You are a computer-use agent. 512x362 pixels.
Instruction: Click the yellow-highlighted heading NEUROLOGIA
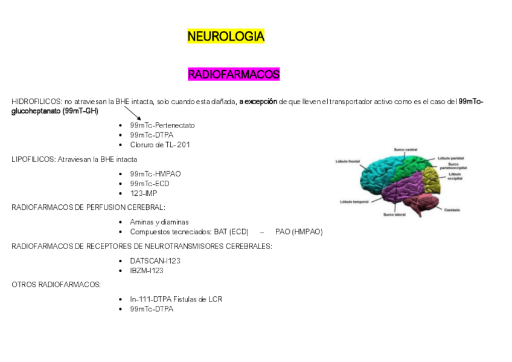click(226, 37)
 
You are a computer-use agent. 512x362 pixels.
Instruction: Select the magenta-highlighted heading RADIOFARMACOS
click(234, 75)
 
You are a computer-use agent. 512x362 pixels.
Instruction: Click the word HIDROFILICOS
click(36, 102)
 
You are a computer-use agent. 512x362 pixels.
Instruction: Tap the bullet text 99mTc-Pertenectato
click(162, 125)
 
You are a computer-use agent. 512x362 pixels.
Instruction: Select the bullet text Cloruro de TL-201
click(159, 144)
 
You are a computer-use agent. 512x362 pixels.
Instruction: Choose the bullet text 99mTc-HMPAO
click(155, 174)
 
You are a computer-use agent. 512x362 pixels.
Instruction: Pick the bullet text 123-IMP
click(143, 193)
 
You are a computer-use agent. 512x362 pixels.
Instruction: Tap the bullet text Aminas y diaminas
click(159, 222)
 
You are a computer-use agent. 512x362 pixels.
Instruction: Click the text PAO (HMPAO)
click(299, 232)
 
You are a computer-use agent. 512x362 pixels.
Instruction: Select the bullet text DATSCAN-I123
click(155, 260)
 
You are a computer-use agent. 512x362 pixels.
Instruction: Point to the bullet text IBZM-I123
click(147, 271)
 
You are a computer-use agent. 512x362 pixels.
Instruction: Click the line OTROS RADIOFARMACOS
click(56, 285)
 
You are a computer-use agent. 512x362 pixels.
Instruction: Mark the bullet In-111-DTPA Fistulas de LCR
click(176, 299)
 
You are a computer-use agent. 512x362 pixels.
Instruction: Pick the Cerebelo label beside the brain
click(452, 210)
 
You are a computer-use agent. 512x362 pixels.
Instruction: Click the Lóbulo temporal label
click(354, 201)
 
